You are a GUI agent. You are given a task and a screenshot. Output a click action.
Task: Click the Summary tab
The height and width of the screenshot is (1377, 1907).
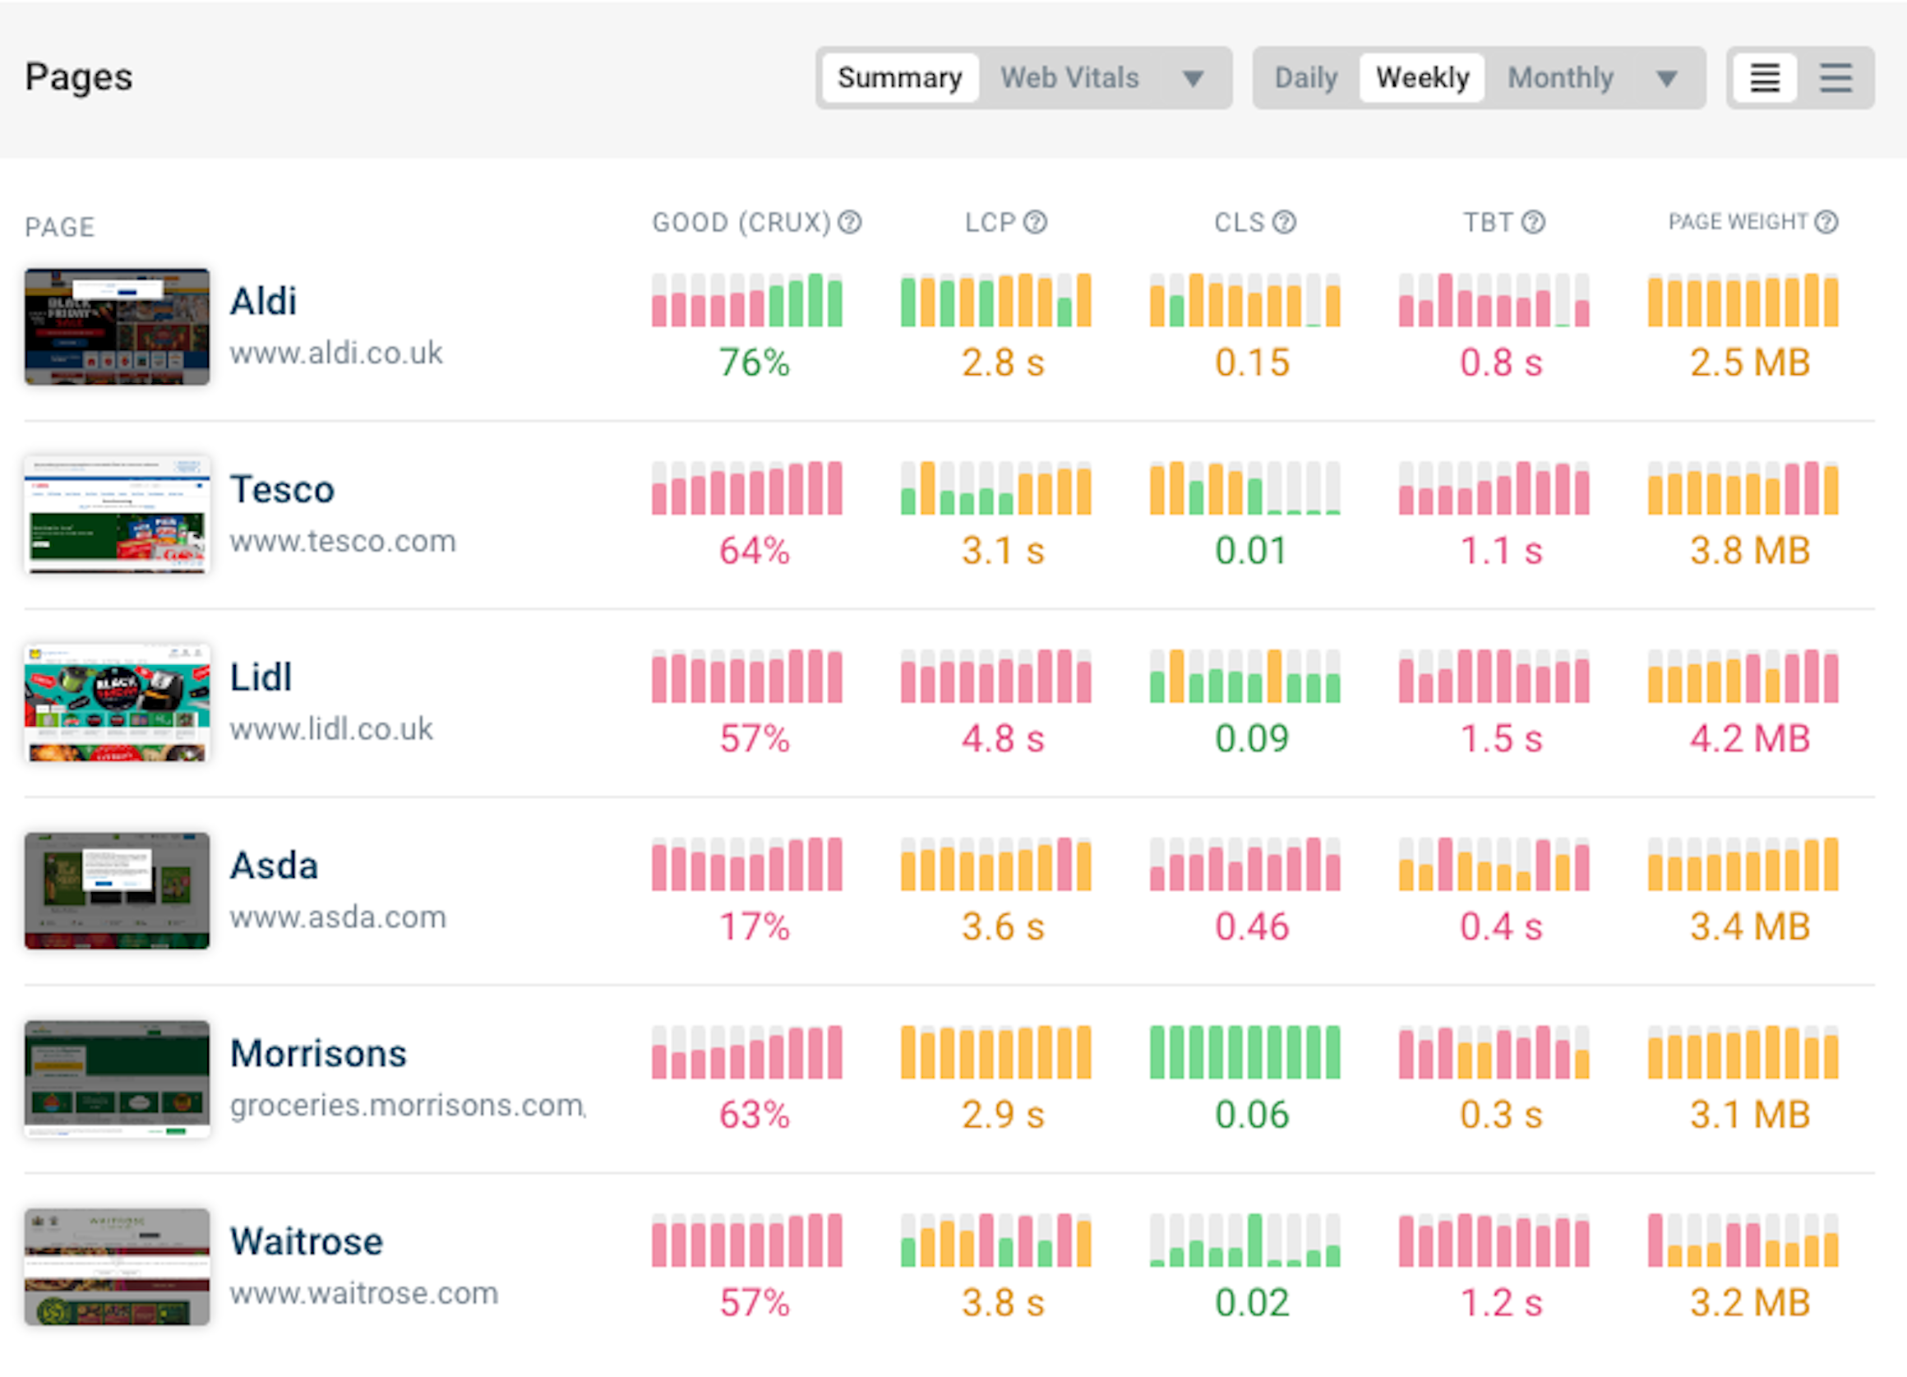[x=899, y=77]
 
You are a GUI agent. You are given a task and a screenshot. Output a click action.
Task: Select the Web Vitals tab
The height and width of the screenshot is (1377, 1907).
[x=1069, y=77]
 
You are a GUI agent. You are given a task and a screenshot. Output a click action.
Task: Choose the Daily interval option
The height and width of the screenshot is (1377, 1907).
[x=1305, y=77]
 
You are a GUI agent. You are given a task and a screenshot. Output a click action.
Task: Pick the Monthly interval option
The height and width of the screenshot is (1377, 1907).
[x=1560, y=77]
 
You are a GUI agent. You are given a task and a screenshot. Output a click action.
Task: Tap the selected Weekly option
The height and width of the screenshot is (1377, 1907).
[x=1422, y=77]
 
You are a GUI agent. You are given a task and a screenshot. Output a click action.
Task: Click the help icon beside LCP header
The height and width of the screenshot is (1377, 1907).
[x=1035, y=222]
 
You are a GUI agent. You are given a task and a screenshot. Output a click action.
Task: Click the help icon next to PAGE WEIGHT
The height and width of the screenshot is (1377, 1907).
[x=1826, y=222]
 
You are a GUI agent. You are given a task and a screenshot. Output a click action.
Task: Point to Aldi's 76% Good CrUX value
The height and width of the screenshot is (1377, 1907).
[x=755, y=363]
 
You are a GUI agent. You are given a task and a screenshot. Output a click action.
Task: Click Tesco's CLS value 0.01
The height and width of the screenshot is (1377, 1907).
[x=1251, y=551]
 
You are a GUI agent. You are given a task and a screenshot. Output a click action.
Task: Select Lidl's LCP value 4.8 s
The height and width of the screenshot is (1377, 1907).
[x=1002, y=738]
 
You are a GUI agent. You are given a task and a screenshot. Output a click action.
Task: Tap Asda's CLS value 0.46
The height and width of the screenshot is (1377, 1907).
[x=1251, y=927]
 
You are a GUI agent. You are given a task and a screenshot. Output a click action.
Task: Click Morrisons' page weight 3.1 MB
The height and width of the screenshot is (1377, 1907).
[x=1750, y=1115]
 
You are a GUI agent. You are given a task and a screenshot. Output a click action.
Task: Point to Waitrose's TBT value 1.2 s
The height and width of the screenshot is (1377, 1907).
[x=1501, y=1303]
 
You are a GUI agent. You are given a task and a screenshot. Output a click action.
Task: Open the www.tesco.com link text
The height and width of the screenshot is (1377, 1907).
[x=343, y=541]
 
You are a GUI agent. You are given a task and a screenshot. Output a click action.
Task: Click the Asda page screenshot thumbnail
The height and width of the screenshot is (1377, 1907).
[x=117, y=891]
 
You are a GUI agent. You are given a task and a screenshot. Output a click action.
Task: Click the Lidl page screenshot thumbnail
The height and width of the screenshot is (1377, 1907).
[x=117, y=702]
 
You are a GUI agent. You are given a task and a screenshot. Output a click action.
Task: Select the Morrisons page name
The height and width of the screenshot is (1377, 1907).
[x=318, y=1053]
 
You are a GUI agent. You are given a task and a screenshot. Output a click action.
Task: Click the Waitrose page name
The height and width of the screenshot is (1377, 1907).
[x=306, y=1241]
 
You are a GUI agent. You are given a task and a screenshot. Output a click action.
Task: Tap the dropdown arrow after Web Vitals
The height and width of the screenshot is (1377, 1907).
[x=1193, y=78]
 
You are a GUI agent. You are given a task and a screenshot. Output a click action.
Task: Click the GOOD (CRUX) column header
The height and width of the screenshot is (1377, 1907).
[x=741, y=223]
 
